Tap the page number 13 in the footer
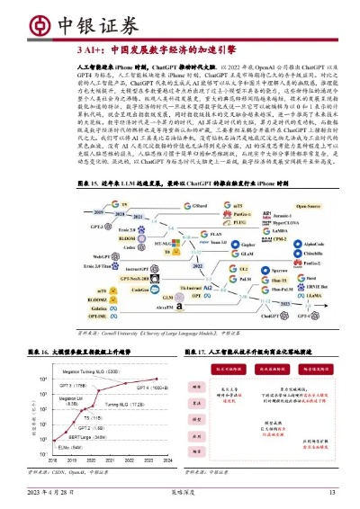(x=331, y=492)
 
